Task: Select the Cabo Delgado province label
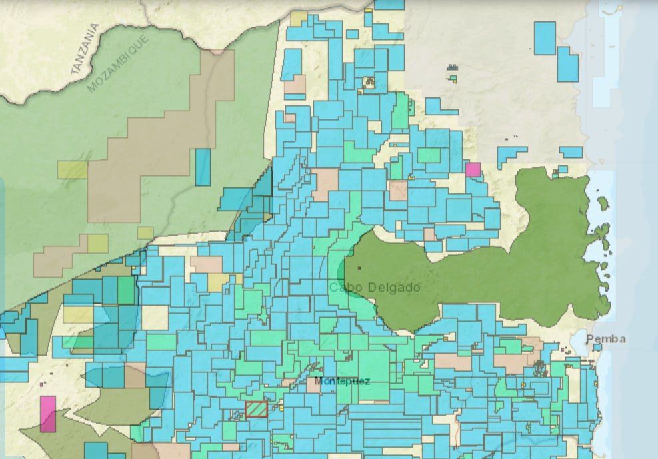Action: click(375, 288)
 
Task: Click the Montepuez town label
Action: click(342, 381)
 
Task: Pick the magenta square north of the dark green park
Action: click(473, 169)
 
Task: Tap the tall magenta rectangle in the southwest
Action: click(48, 414)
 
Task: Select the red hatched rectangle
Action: click(256, 409)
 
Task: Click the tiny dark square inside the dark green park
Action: click(359, 268)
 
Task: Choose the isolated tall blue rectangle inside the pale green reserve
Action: click(203, 167)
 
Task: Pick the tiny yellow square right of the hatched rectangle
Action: click(281, 407)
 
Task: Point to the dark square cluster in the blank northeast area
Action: click(453, 67)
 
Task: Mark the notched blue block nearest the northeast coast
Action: click(567, 63)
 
